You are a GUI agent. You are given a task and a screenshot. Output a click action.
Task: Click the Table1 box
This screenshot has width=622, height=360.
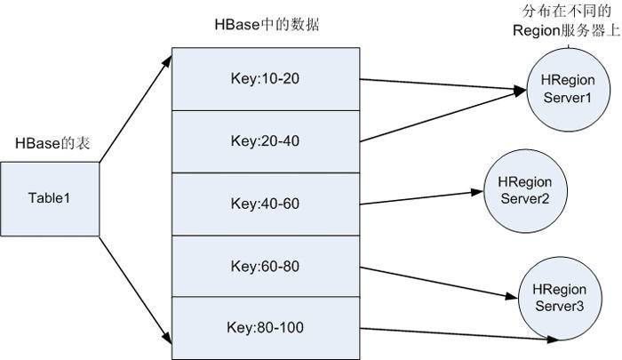[50, 198]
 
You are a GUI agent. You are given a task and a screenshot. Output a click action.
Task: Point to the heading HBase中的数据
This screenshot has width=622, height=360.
[267, 24]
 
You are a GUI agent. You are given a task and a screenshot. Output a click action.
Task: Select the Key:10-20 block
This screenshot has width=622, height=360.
[265, 78]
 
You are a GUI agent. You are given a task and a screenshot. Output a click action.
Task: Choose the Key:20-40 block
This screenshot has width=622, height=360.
[265, 140]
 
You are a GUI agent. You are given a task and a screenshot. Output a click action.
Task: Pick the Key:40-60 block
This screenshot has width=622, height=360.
[265, 204]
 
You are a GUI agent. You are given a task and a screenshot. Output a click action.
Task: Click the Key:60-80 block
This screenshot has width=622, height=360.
[265, 266]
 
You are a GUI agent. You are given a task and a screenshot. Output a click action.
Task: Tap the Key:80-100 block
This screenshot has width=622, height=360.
[265, 328]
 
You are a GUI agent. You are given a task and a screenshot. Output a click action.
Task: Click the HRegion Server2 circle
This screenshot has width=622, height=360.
[518, 188]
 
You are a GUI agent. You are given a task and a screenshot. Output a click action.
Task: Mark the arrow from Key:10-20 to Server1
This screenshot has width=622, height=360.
[440, 84]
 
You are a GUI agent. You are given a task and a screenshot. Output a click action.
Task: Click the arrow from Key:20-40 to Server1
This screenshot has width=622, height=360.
[440, 116]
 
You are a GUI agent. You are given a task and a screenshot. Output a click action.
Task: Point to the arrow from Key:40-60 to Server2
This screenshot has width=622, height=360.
[418, 197]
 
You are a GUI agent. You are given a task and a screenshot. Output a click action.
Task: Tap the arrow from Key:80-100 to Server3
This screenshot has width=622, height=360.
[453, 332]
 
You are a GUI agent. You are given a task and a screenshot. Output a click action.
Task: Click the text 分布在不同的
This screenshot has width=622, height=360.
[565, 10]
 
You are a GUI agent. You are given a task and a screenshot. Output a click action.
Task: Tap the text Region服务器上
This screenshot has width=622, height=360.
[565, 28]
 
